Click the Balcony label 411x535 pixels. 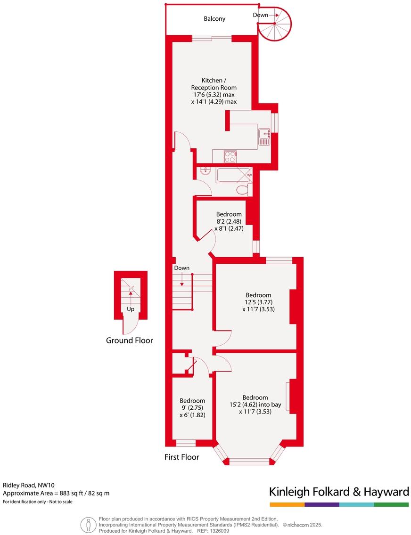[214, 19]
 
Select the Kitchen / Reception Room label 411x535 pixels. [214, 84]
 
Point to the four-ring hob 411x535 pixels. [230, 156]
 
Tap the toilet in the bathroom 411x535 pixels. [242, 190]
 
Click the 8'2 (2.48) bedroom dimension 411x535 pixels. [229, 221]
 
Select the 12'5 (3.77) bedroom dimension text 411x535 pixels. [258, 302]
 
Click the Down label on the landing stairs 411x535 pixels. [181, 268]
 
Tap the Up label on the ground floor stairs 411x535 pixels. [131, 309]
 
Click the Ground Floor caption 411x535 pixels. [129, 340]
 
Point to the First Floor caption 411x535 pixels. [181, 457]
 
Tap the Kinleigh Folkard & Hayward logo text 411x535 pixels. [338, 492]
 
